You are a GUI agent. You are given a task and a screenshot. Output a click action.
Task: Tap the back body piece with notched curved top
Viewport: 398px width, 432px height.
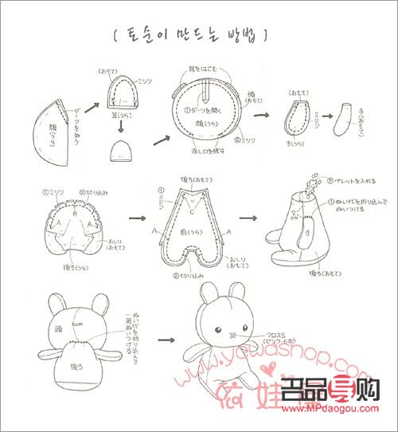click(x=69, y=225)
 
